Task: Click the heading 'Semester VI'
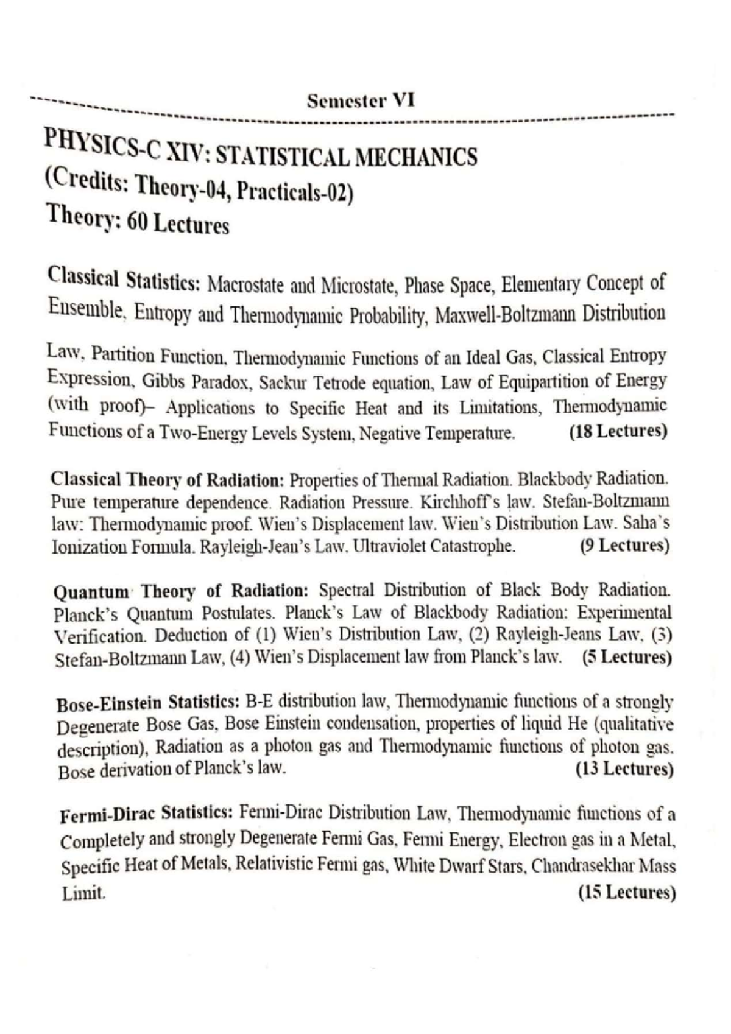pyautogui.click(x=361, y=100)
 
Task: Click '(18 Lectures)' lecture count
pyautogui.click(x=618, y=431)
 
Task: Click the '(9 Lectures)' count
pyautogui.click(x=624, y=545)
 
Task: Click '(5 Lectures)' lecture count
pyautogui.click(x=627, y=658)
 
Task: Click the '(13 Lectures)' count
pyautogui.click(x=624, y=769)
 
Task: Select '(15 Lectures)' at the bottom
pyautogui.click(x=627, y=892)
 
